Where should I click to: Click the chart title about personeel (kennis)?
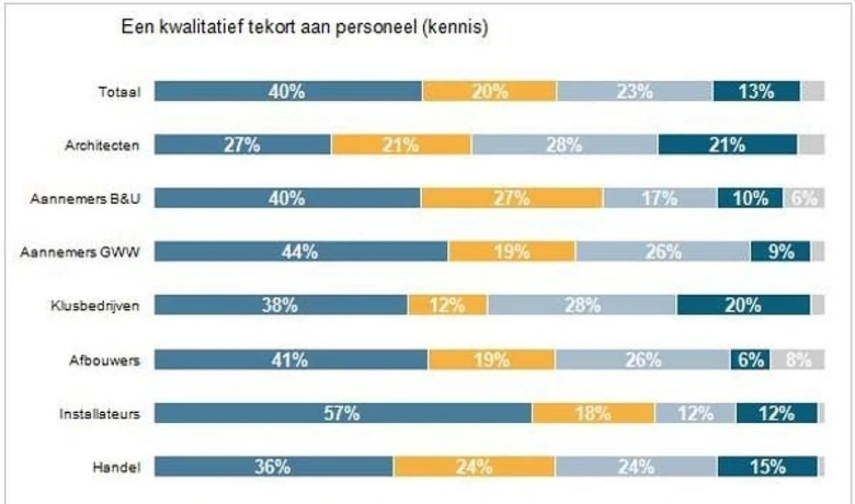(x=305, y=27)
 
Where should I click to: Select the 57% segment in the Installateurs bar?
(x=342, y=413)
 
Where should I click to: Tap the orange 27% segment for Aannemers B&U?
(x=512, y=198)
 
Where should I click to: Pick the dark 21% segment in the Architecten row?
(x=727, y=145)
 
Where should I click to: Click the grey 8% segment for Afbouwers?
(x=797, y=360)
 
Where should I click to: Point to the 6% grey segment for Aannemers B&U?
(x=803, y=198)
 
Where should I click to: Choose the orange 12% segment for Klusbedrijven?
(x=447, y=305)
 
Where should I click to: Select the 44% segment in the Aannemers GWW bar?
(x=300, y=252)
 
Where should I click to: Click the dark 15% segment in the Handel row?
(x=767, y=466)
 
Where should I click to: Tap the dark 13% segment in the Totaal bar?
(x=756, y=91)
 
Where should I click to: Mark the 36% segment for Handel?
(x=273, y=466)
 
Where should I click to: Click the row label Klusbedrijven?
(x=95, y=306)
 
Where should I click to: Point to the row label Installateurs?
(x=99, y=413)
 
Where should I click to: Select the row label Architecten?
(x=102, y=145)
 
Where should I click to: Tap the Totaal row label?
(x=119, y=92)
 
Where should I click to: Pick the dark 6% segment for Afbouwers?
(x=750, y=360)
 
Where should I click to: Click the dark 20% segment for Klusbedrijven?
(x=743, y=305)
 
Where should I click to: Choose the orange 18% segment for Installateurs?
(x=593, y=413)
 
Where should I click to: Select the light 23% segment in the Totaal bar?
(x=635, y=91)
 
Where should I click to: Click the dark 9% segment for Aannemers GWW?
(x=781, y=252)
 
